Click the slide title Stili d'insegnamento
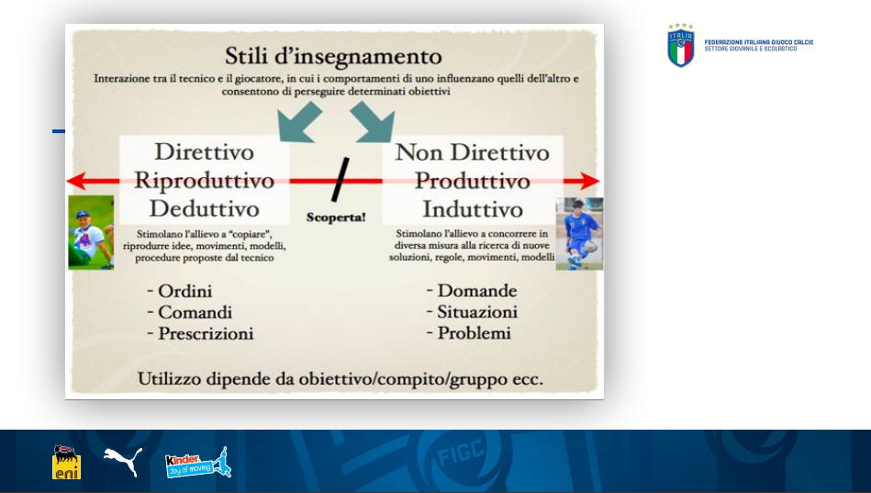(x=333, y=56)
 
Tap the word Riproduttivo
(x=205, y=181)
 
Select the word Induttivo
(x=473, y=209)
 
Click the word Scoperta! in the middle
(x=336, y=218)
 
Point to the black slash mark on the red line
(x=341, y=180)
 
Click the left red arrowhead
(x=77, y=181)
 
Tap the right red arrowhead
(x=590, y=181)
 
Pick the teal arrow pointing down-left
(x=299, y=122)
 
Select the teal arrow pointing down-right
(x=374, y=122)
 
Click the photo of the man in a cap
(x=91, y=232)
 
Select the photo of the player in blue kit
(x=579, y=233)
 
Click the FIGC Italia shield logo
(x=680, y=46)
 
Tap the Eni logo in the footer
(x=67, y=462)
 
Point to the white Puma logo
(x=123, y=461)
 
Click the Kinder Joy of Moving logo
(x=198, y=463)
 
